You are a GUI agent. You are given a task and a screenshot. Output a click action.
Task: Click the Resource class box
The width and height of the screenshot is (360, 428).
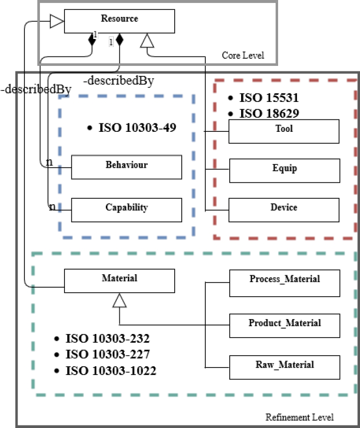point(119,21)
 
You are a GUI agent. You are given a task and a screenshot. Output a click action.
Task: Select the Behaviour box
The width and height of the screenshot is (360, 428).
point(126,167)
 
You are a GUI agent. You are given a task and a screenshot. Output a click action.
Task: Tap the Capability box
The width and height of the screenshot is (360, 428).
point(126,210)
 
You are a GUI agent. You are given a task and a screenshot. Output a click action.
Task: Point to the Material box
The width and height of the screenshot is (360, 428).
point(119,281)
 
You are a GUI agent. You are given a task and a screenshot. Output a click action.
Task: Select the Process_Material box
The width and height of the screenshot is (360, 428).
point(285,282)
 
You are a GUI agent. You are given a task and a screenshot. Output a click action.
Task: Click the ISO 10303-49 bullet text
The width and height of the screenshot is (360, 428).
point(132,128)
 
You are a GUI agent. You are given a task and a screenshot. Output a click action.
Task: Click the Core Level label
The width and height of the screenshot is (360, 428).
point(243,55)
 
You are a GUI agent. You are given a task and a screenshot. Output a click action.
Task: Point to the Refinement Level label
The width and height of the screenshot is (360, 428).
point(299,417)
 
